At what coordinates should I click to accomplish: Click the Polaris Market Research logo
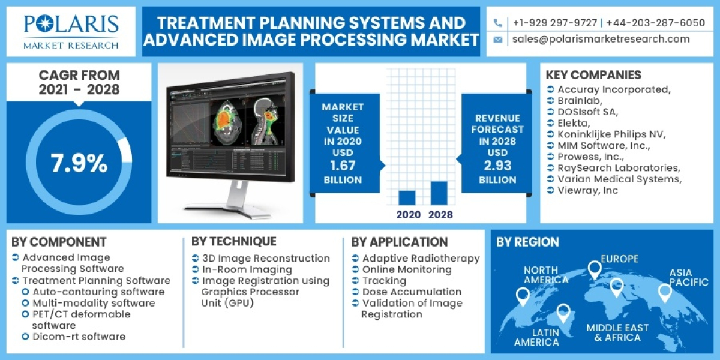(71, 31)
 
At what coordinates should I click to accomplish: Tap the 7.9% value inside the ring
(79, 163)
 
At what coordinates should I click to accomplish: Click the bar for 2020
(407, 197)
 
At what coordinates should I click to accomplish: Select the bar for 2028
(439, 193)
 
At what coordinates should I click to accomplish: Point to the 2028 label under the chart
(440, 214)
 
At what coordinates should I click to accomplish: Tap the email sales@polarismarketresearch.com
(601, 39)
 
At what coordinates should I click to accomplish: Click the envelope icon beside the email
(498, 40)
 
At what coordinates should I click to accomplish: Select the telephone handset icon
(498, 23)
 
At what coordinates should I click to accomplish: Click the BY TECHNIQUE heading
(234, 241)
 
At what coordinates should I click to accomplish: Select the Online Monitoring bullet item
(407, 269)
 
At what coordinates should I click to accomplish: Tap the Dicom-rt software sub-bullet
(79, 337)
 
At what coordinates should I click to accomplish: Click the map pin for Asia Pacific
(664, 292)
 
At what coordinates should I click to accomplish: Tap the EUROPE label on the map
(620, 259)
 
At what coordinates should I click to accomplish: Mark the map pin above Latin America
(563, 312)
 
